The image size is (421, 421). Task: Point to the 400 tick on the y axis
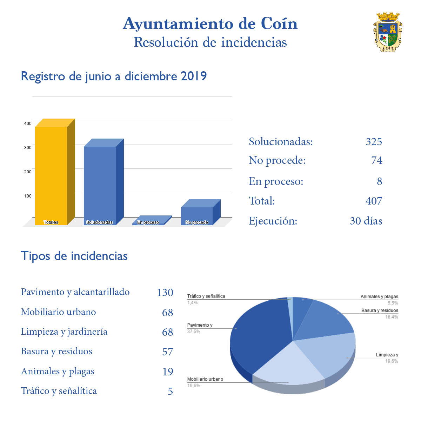coord(28,123)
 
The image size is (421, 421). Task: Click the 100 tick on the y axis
coord(28,196)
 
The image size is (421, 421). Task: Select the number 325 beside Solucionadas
coord(374,141)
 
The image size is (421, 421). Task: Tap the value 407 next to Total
coord(374,201)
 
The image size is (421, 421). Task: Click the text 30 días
coord(366,221)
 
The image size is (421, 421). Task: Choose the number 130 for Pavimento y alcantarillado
coord(165,292)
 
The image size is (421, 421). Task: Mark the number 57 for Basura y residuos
coord(167,352)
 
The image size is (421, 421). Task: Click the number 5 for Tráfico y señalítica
coord(170,391)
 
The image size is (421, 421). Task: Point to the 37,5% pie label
coord(194,332)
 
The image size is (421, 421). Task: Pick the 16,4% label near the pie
coord(392,317)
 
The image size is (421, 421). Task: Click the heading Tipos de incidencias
coord(74,256)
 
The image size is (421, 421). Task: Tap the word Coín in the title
coord(279,24)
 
